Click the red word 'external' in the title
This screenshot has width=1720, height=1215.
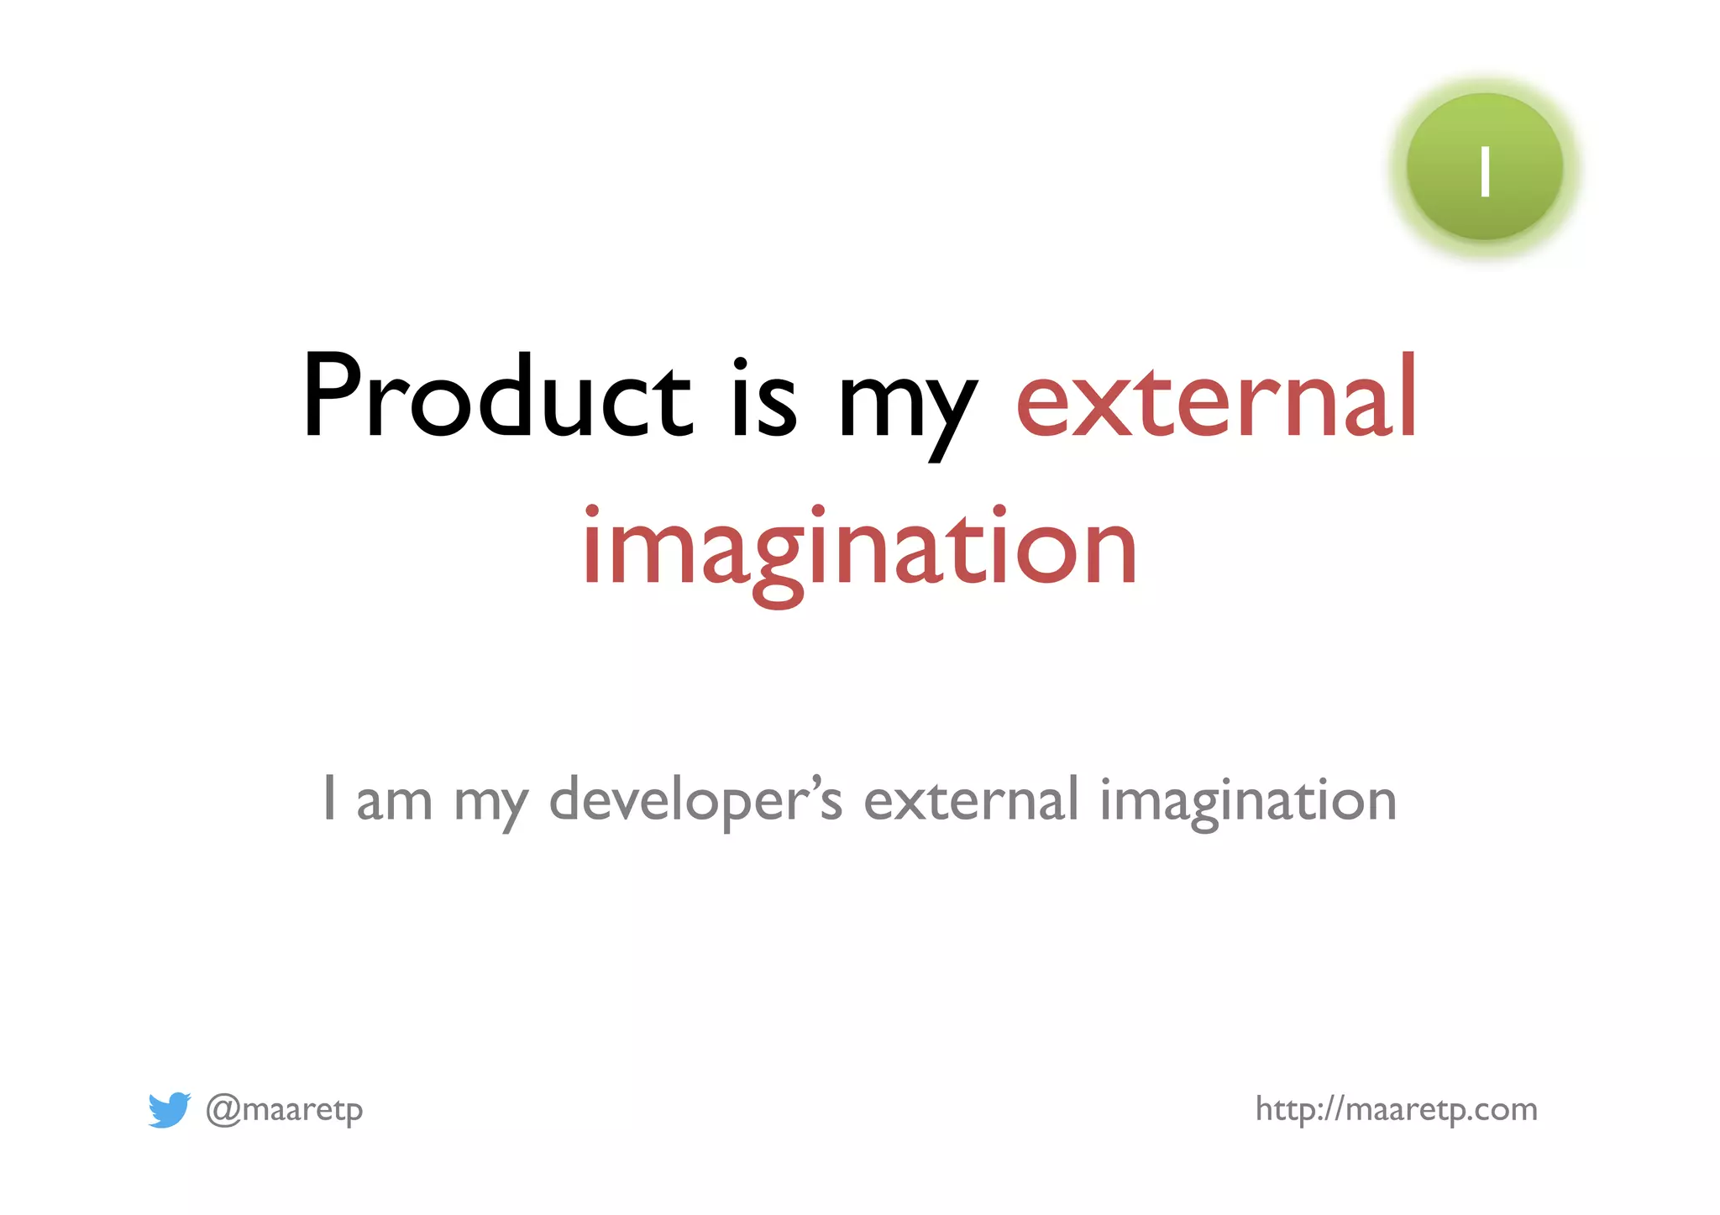[1216, 396]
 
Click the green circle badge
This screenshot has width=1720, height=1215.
[1484, 167]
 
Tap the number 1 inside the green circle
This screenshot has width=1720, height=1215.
[1485, 172]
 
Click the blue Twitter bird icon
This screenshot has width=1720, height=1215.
[169, 1109]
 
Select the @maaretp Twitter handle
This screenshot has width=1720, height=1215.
[285, 1110]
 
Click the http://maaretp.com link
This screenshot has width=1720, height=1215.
[1396, 1109]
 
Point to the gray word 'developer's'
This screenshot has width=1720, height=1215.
[695, 799]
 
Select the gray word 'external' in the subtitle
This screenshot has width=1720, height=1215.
[971, 799]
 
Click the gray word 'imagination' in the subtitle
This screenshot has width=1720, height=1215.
[1248, 802]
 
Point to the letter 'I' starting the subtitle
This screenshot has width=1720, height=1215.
[330, 799]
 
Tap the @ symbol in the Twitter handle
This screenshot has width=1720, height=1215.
[223, 1110]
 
